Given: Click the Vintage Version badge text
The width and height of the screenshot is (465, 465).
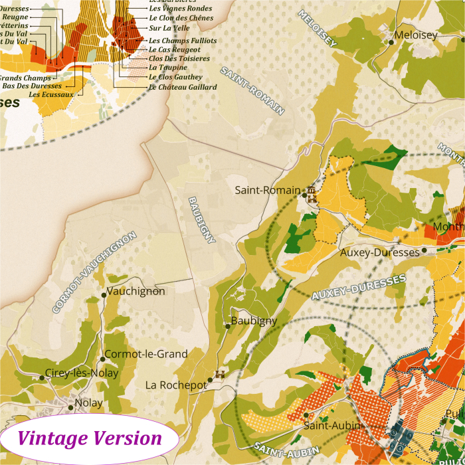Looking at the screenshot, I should (90, 438).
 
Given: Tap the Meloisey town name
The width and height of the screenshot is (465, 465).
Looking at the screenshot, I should (417, 36).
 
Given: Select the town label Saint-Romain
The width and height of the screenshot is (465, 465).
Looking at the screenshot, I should (268, 190).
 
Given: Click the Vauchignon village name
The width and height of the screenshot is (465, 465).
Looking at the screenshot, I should (136, 291).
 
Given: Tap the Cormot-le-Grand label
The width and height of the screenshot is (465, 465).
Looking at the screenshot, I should (146, 354).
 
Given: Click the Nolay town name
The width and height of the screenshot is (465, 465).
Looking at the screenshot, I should (88, 403).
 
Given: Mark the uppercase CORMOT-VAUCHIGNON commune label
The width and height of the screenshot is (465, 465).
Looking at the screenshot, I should (94, 272).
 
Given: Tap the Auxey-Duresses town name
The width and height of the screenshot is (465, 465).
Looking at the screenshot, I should (379, 252).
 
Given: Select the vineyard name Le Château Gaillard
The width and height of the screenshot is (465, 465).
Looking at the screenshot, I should (183, 87).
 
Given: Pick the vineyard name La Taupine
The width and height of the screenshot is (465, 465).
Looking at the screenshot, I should (168, 68).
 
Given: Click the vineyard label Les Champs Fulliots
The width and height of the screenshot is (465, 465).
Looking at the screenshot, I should (183, 41).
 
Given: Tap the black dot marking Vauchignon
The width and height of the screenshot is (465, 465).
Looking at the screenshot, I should (104, 294).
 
